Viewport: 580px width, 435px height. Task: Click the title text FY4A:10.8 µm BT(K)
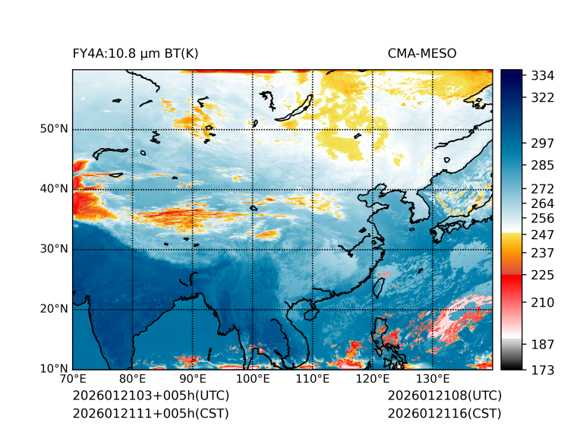click(x=135, y=53)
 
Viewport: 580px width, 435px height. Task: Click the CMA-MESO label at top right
click(x=421, y=53)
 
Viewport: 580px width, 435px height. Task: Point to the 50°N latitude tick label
click(x=54, y=129)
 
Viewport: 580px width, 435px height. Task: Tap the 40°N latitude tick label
click(x=54, y=189)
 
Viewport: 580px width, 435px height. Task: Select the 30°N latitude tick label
click(x=54, y=249)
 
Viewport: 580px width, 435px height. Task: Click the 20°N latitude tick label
click(x=54, y=309)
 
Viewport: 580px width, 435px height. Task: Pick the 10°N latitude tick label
click(x=54, y=369)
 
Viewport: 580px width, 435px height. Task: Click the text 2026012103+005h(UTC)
click(x=150, y=396)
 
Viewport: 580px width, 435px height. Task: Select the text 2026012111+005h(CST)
click(x=150, y=414)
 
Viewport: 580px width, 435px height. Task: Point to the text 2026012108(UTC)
click(x=444, y=396)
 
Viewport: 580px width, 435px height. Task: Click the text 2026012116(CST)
click(x=444, y=414)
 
